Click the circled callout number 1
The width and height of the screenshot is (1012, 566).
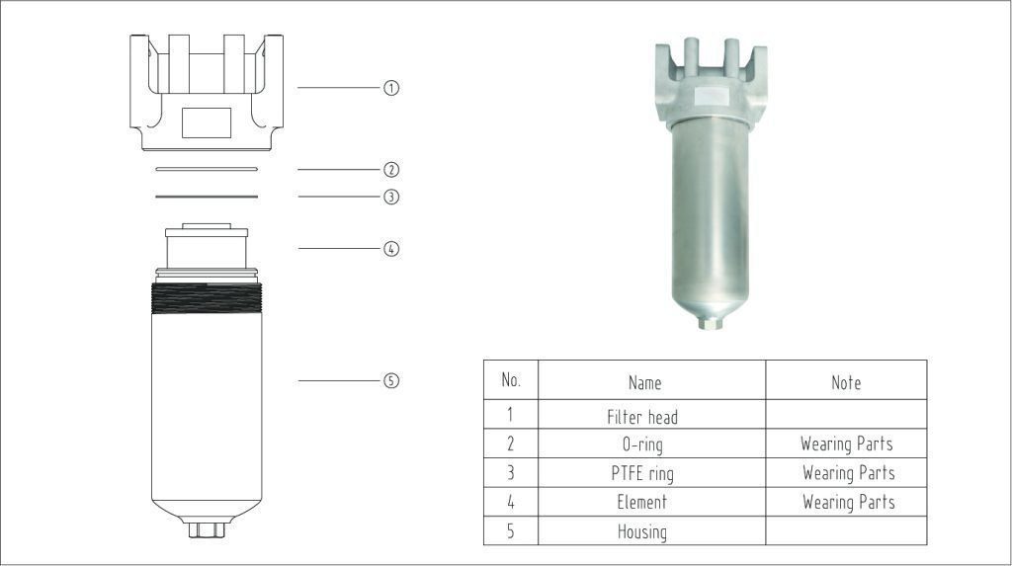tap(391, 88)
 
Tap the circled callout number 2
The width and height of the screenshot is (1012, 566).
tap(391, 170)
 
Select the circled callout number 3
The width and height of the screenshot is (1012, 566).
tap(391, 197)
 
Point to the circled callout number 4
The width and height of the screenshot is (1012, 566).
tap(391, 249)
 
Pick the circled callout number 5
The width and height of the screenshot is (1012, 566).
tap(391, 380)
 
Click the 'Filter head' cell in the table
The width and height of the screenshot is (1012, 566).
tap(642, 417)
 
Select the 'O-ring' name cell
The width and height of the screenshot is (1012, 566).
tap(642, 445)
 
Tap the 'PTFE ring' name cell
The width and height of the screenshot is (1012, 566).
tap(642, 474)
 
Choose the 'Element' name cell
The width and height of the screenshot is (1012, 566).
tap(642, 502)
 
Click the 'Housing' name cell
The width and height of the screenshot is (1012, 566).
tap(642, 531)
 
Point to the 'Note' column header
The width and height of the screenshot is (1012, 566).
tap(846, 382)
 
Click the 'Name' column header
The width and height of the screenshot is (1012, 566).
tap(644, 382)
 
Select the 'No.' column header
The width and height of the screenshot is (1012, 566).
tap(511, 380)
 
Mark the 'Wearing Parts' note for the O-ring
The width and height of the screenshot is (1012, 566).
tap(847, 445)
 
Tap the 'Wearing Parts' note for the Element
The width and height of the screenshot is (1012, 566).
tap(849, 502)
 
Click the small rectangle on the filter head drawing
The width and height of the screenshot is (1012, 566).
tap(207, 122)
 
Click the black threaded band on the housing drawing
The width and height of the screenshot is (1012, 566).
tap(207, 298)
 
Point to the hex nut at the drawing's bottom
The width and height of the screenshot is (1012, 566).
tap(207, 529)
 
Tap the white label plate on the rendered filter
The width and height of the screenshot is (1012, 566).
tap(710, 96)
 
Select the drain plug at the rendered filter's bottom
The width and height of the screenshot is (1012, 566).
tap(710, 322)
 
